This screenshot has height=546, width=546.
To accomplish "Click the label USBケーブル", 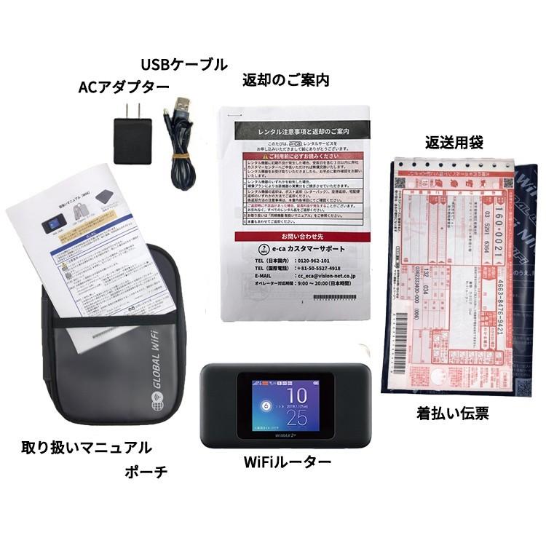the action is [x=183, y=64].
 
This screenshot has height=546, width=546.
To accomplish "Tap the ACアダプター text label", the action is [x=123, y=87].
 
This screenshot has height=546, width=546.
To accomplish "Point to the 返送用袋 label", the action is [x=455, y=141].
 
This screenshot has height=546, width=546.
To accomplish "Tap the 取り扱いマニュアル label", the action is [x=86, y=446].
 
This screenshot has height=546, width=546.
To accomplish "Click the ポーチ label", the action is [x=146, y=471].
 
